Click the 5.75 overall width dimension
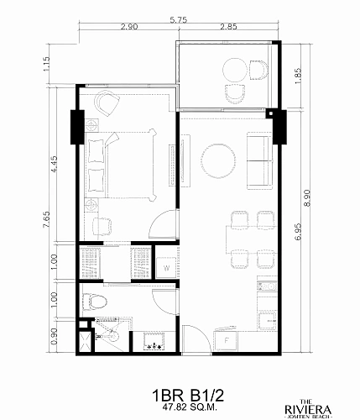click(x=179, y=20)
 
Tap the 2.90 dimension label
click(x=129, y=27)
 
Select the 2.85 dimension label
click(x=228, y=27)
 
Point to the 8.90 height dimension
click(x=307, y=198)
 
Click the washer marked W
click(x=166, y=268)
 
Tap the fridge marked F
click(x=226, y=340)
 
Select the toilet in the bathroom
click(x=95, y=302)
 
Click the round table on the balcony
click(x=235, y=70)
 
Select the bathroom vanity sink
click(x=154, y=341)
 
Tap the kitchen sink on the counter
click(x=267, y=286)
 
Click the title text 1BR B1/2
click(x=188, y=396)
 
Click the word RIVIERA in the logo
click(x=308, y=410)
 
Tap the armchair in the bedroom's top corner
click(x=107, y=102)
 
